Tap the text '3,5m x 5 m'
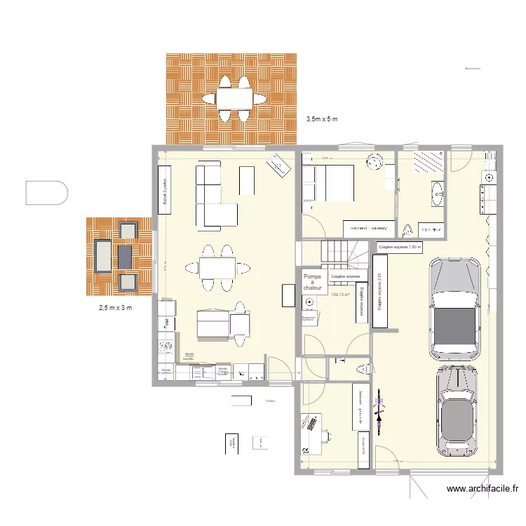[322, 119]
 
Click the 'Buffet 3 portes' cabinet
[165, 186]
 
